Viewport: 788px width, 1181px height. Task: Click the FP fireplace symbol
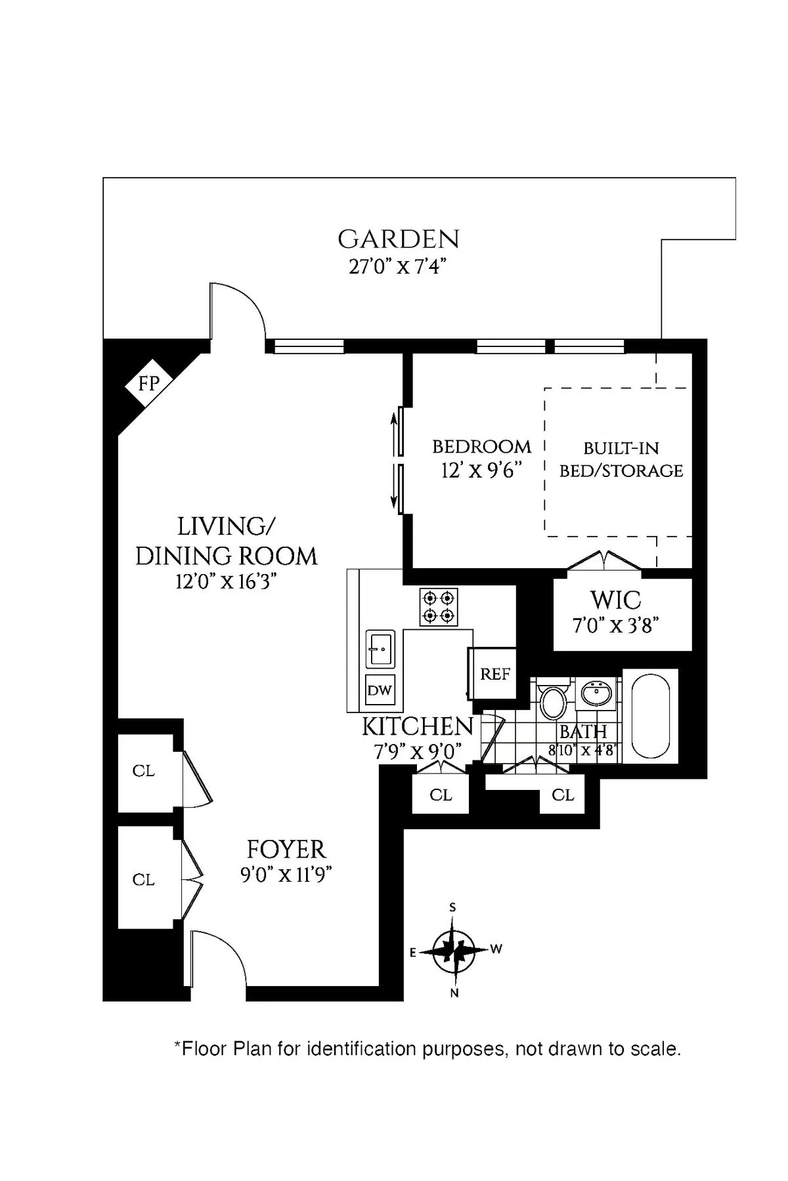pyautogui.click(x=149, y=383)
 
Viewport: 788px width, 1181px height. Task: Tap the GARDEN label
pyautogui.click(x=398, y=239)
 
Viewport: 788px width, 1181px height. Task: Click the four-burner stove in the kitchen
pyautogui.click(x=439, y=607)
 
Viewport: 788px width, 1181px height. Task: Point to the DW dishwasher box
pyautogui.click(x=380, y=690)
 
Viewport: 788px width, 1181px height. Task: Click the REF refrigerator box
pyautogui.click(x=494, y=674)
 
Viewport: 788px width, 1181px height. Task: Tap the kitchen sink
pyautogui.click(x=380, y=648)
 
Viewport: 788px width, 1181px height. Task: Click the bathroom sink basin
pyautogui.click(x=597, y=693)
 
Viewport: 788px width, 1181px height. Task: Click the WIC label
pyautogui.click(x=615, y=600)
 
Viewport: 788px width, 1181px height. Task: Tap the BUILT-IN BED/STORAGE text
pyautogui.click(x=621, y=459)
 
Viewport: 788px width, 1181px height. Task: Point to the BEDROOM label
pyautogui.click(x=481, y=447)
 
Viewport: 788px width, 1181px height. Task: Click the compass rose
pyautogui.click(x=454, y=949)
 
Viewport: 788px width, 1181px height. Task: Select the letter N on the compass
pyautogui.click(x=454, y=993)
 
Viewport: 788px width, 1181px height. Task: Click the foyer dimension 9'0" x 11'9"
pyautogui.click(x=286, y=875)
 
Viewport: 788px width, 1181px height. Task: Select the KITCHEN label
pyautogui.click(x=418, y=727)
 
